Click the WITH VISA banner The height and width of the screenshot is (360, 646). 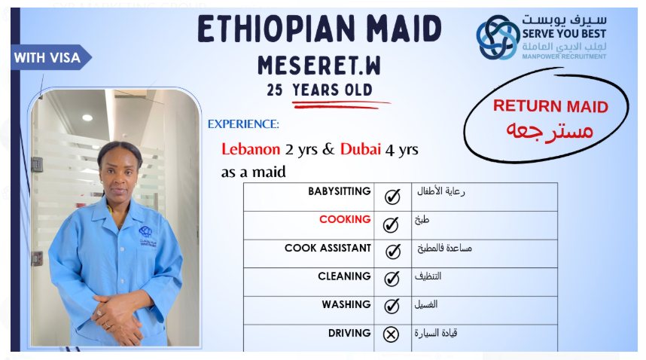click(50, 57)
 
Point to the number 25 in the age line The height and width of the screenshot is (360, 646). click(274, 90)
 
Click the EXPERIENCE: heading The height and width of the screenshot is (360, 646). click(243, 124)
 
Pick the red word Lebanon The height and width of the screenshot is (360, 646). click(251, 149)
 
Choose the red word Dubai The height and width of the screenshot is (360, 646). click(361, 149)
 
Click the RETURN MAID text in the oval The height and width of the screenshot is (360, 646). click(550, 106)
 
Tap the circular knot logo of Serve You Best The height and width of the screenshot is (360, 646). click(498, 38)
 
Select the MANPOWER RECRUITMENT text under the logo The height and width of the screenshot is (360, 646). click(564, 56)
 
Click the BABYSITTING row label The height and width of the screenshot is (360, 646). click(339, 191)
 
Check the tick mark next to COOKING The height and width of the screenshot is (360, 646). click(391, 224)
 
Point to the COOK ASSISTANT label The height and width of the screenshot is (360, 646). click(328, 248)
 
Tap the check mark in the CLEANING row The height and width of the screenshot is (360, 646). click(392, 279)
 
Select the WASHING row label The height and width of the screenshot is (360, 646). click(346, 304)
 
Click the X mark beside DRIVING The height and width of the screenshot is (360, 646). click(391, 334)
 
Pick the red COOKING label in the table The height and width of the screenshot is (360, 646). click(345, 220)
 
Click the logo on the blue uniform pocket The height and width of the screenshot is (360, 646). click(148, 236)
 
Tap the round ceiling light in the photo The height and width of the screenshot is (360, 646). click(87, 117)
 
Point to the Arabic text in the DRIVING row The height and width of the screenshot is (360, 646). click(436, 333)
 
